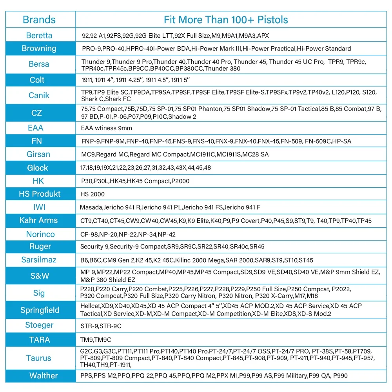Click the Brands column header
click(x=39, y=20)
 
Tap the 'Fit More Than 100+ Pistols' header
click(x=226, y=20)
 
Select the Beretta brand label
click(x=39, y=35)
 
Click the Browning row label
click(x=39, y=49)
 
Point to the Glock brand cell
click(x=38, y=168)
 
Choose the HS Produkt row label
click(x=40, y=194)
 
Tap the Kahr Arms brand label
click(x=38, y=220)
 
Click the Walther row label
click(x=44, y=376)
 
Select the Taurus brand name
click(x=39, y=358)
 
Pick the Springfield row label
click(x=40, y=310)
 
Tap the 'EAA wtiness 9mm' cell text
click(x=107, y=128)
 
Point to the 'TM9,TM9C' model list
click(x=96, y=340)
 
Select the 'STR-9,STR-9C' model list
click(x=101, y=325)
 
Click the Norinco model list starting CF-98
click(x=128, y=234)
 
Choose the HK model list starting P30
click(x=135, y=181)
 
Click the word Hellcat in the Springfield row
click(x=90, y=306)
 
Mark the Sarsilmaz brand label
click(x=39, y=260)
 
